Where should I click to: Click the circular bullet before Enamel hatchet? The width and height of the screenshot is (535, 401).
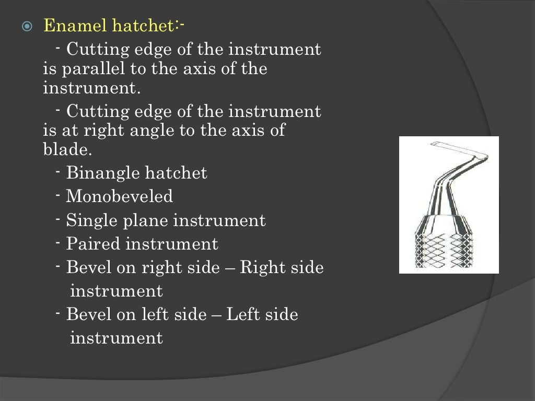(28, 27)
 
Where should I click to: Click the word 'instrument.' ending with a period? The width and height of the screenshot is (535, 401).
(92, 88)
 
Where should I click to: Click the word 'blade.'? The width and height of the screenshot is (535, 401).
(67, 150)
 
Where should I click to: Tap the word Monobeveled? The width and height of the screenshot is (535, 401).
(119, 197)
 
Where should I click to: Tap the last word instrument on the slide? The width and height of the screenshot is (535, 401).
(116, 338)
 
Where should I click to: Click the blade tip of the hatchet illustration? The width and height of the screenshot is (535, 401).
(434, 144)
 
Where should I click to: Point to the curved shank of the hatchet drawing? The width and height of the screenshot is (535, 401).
(445, 183)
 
